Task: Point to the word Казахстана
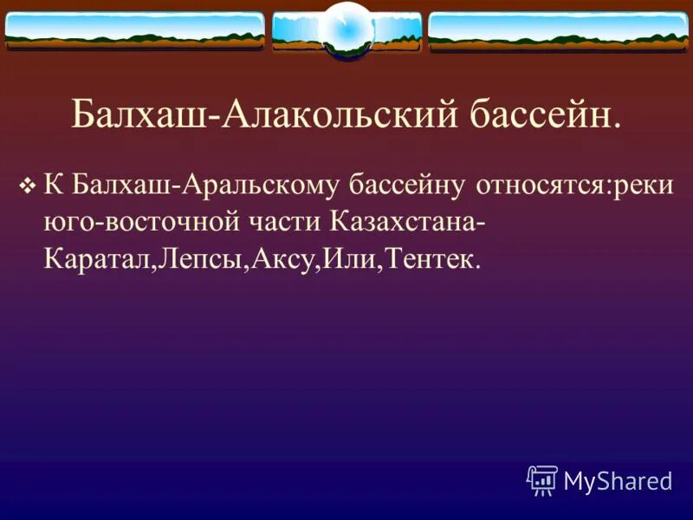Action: pyautogui.click(x=407, y=223)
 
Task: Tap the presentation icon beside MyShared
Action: pyautogui.click(x=542, y=479)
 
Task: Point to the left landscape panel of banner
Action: pyautogui.click(x=134, y=31)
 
